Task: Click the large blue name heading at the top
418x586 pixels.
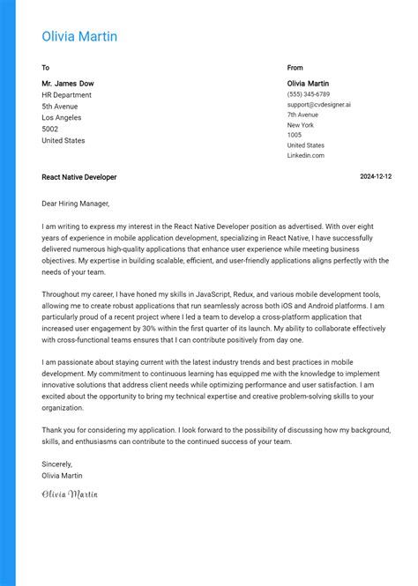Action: [x=79, y=36]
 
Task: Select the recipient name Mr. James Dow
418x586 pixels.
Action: [x=68, y=83]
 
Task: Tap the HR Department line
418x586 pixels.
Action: [x=66, y=94]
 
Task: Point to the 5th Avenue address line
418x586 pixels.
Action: [x=60, y=106]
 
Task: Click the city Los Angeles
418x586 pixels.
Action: [x=61, y=117]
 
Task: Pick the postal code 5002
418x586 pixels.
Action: [x=50, y=129]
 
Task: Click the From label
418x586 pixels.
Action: [x=295, y=67]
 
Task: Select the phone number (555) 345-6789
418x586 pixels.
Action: [x=308, y=94]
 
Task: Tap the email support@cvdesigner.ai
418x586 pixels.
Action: [x=318, y=104]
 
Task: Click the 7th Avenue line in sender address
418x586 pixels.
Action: [x=302, y=115]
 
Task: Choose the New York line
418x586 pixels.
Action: [x=300, y=125]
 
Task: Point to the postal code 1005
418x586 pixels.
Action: [x=295, y=135]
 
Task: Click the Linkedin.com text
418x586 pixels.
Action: [x=305, y=155]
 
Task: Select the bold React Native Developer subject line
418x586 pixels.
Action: [x=78, y=177]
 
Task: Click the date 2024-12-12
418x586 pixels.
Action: [x=376, y=177]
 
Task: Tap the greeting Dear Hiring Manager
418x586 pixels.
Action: [x=76, y=204]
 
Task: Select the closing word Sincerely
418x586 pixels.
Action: [x=57, y=464]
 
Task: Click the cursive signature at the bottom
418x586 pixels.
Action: [x=70, y=494]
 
